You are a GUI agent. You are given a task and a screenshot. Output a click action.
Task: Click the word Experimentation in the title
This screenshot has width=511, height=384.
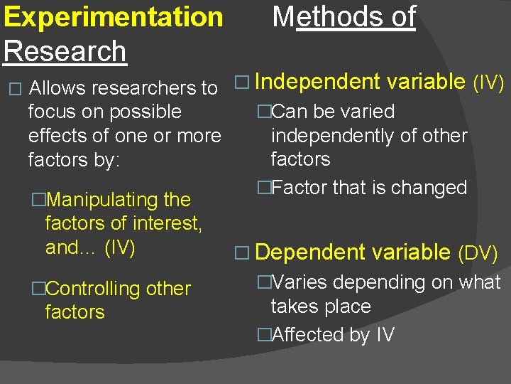113,17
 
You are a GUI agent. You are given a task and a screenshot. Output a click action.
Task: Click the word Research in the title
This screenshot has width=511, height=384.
65,51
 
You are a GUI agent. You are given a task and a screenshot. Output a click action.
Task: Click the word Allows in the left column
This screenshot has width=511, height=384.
58,88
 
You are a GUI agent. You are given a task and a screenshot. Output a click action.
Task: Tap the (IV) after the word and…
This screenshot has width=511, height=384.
119,247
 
